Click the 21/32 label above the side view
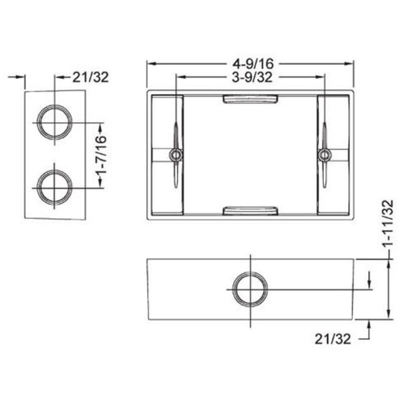tap(91, 77)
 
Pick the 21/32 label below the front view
tap(333, 339)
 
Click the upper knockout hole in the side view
tap(54, 123)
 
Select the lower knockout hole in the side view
tap(54, 187)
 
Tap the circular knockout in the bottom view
tap(250, 290)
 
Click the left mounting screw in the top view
tap(175, 155)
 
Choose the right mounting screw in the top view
tap(324, 155)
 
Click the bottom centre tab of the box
tap(250, 211)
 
